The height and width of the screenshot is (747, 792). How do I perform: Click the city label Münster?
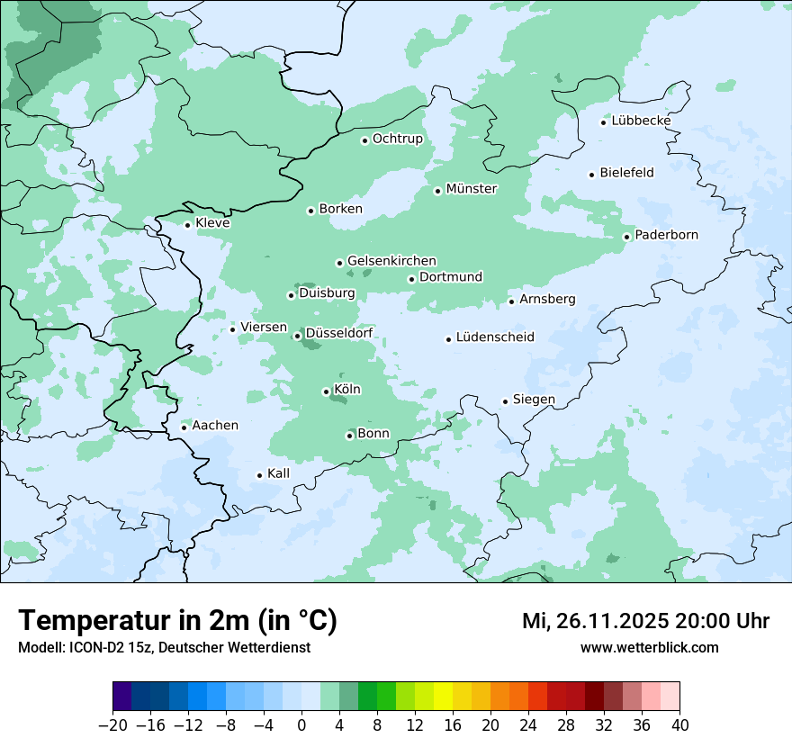click(x=472, y=189)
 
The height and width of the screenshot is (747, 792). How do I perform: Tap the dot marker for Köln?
click(x=326, y=391)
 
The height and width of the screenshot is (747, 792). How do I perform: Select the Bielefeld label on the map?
click(x=626, y=173)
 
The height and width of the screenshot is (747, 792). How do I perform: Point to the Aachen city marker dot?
click(x=184, y=427)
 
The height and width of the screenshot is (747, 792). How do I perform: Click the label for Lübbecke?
click(x=641, y=121)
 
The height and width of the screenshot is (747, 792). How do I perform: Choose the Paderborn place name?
click(x=666, y=235)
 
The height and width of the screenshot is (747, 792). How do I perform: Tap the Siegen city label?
click(x=534, y=400)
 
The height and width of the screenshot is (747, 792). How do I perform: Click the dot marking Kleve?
click(x=187, y=225)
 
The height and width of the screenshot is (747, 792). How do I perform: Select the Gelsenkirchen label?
click(x=391, y=261)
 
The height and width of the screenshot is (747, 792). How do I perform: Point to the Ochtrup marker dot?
click(x=364, y=140)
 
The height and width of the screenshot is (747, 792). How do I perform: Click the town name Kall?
click(x=278, y=473)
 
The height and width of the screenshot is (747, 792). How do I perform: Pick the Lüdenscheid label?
click(x=495, y=337)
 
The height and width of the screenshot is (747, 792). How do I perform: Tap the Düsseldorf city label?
click(x=339, y=334)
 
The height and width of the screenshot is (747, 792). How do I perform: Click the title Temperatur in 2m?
click(x=177, y=621)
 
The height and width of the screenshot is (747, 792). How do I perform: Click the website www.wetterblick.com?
click(x=649, y=647)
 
